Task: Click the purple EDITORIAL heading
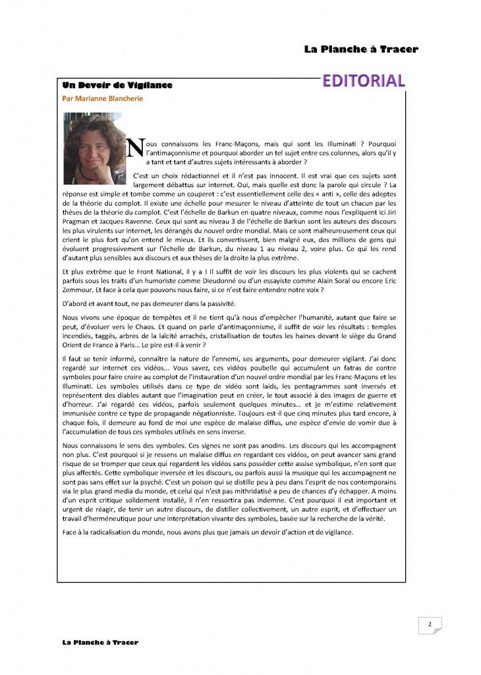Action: (363, 81)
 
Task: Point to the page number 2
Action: (429, 624)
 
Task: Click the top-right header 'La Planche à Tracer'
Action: (361, 49)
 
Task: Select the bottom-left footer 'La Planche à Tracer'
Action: (97, 642)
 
